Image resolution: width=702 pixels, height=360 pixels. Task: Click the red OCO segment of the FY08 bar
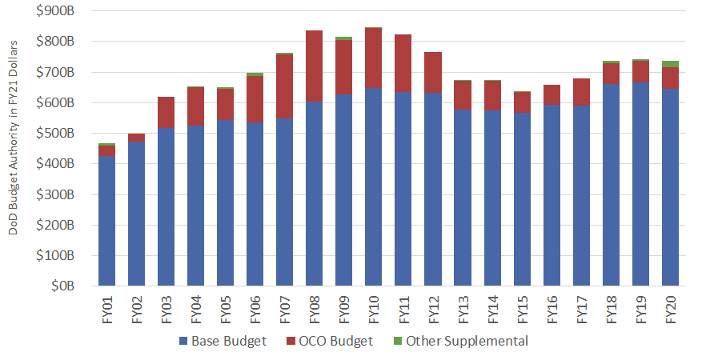tap(315, 66)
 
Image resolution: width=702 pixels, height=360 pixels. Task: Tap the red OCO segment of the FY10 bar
tap(374, 58)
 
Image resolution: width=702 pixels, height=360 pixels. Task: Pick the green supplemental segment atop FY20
tap(670, 64)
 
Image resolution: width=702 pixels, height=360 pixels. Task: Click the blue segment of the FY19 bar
tap(640, 184)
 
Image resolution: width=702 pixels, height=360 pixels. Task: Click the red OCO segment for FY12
tap(433, 73)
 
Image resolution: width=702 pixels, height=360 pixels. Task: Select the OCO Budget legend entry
tap(336, 342)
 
